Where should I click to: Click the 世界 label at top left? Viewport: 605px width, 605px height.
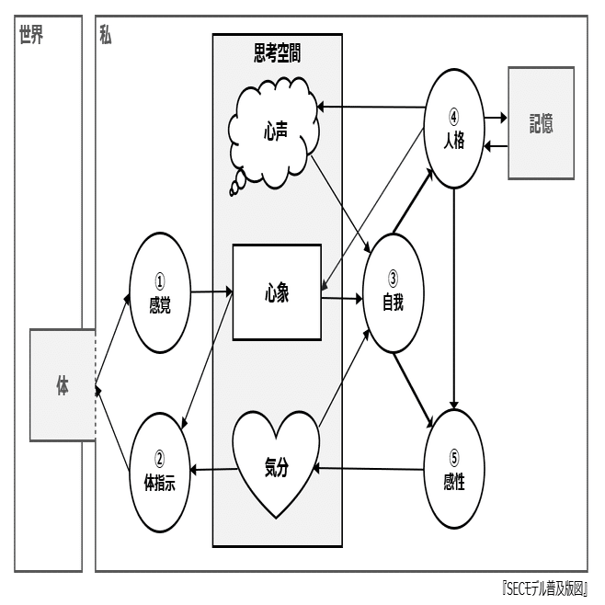(31, 37)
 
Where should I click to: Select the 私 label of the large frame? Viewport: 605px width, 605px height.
(106, 37)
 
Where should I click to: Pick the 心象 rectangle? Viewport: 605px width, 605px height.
(277, 291)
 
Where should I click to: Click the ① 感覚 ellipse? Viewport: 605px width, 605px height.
(160, 291)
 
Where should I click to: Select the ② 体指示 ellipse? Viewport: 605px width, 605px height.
(160, 473)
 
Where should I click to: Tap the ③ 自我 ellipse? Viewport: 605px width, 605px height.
(394, 291)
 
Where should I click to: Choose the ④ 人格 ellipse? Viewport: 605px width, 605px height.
(454, 129)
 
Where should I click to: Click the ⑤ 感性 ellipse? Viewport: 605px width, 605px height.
(454, 470)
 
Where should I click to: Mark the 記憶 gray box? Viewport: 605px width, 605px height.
(541, 122)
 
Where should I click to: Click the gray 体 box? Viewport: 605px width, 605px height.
(62, 385)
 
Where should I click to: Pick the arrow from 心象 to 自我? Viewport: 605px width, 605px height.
(342, 298)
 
